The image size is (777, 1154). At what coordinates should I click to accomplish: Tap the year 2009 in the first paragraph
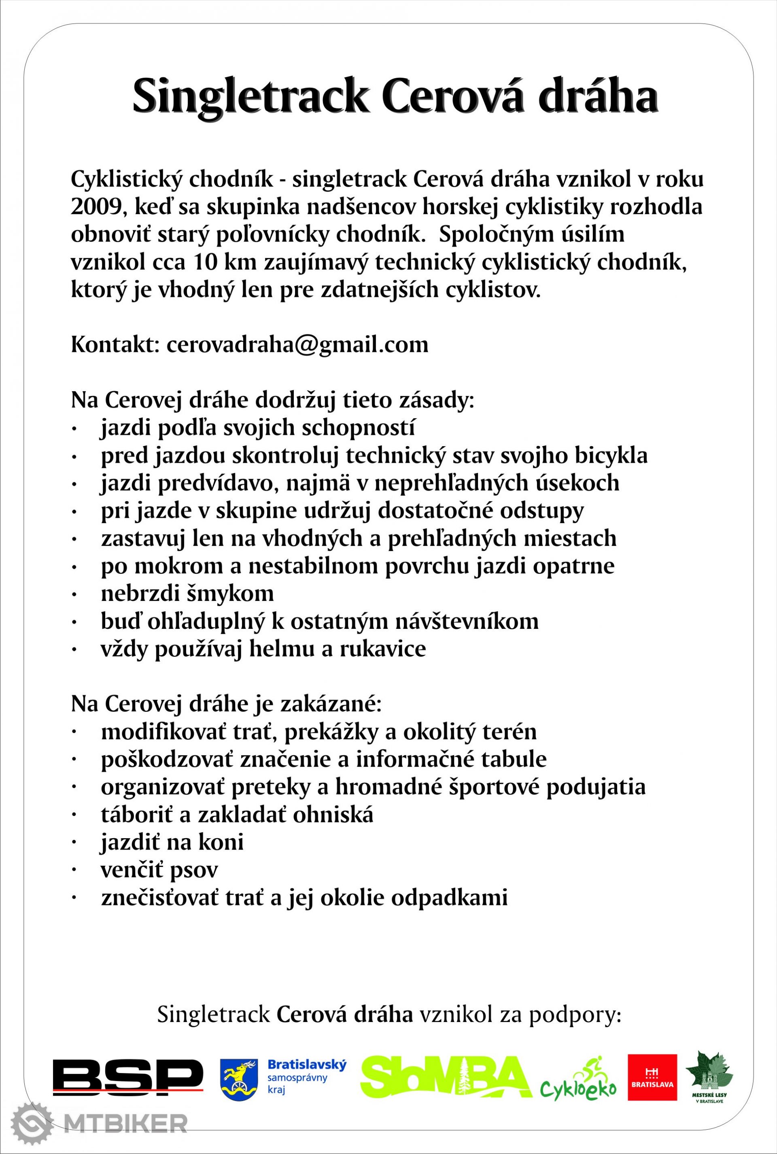coord(95,207)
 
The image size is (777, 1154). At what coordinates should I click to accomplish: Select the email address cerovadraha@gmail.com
coord(297,345)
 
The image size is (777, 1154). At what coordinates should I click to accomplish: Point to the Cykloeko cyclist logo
coord(578,1079)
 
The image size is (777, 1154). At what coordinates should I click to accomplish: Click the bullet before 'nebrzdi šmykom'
coord(74,594)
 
